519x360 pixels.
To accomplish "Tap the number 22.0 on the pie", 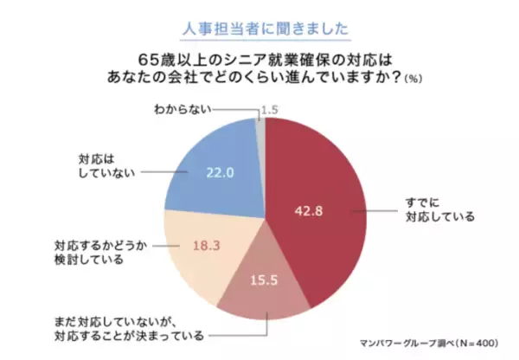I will coord(221,171).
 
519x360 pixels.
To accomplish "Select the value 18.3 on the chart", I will coord(207,247).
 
